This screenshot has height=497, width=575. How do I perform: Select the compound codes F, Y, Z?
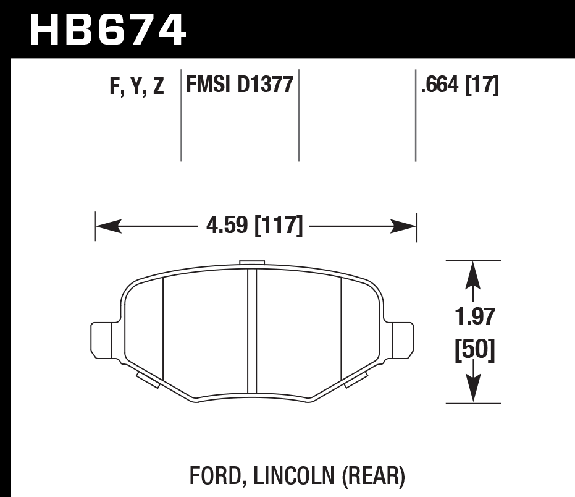136,87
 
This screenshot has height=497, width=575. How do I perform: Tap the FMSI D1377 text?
240,84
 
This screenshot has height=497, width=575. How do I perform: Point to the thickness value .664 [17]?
459,84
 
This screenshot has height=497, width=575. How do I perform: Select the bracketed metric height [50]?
474,351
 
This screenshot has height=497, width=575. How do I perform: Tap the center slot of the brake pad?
251,331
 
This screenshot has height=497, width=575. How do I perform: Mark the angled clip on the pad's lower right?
356,380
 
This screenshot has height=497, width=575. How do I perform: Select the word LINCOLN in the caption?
287,477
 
